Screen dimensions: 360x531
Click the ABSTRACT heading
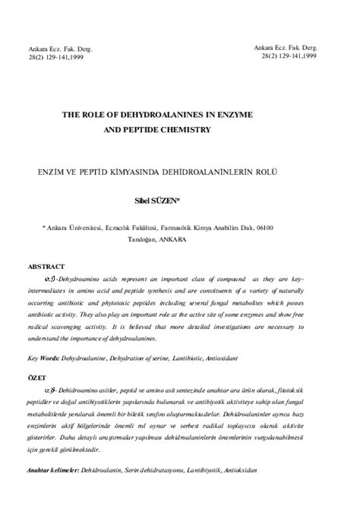[x=46, y=268]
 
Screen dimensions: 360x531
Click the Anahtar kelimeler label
[x=52, y=491]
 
